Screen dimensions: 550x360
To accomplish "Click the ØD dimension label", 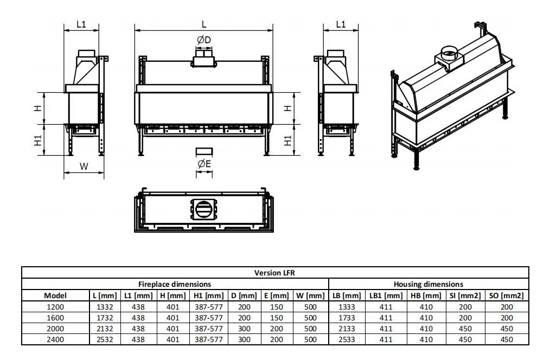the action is tap(204, 40).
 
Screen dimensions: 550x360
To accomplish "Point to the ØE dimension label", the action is tap(204, 164).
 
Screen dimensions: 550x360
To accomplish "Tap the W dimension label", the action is tap(84, 166).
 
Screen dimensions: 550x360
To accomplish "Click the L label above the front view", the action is tap(204, 24).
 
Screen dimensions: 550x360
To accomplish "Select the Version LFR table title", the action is tap(274, 273).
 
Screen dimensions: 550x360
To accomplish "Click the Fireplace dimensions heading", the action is tap(175, 284).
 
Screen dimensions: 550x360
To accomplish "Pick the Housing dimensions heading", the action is tap(429, 284).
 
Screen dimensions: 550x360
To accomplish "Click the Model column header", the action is tap(55, 295).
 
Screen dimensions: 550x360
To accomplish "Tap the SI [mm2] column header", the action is tap(465, 295).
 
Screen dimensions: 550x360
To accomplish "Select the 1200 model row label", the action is tap(55, 307).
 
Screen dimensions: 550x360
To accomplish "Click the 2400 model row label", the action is tap(55, 340).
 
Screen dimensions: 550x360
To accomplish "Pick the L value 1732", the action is tap(105, 318).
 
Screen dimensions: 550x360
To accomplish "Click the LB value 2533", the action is tap(347, 340).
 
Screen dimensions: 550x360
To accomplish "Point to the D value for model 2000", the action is tap(244, 329).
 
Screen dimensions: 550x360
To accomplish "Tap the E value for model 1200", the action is tap(277, 307).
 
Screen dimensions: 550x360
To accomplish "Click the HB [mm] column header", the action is tap(426, 295).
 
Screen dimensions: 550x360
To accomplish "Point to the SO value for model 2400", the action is tap(507, 340).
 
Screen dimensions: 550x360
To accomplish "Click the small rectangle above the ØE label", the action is tap(204, 151).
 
